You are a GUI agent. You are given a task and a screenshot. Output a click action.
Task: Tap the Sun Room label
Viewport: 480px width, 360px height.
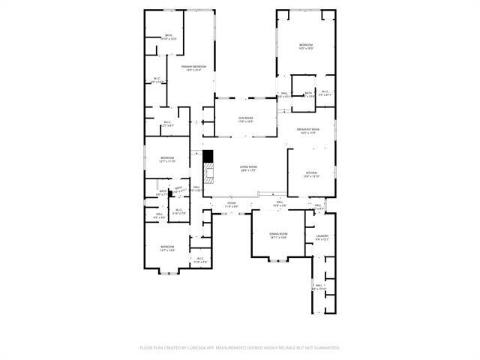(x=245, y=118)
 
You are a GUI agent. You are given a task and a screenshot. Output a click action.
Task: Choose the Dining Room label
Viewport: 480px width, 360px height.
(x=278, y=235)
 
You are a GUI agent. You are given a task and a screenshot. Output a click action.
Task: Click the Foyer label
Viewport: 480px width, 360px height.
(x=232, y=203)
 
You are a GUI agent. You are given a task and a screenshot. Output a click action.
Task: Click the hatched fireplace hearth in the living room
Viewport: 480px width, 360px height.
(x=210, y=175)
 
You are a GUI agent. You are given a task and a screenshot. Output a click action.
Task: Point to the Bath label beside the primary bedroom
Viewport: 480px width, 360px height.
(x=169, y=36)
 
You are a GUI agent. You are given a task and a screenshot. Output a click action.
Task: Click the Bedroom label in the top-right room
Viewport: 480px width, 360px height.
(x=306, y=46)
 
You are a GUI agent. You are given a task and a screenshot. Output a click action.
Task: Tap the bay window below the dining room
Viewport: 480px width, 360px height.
(x=278, y=259)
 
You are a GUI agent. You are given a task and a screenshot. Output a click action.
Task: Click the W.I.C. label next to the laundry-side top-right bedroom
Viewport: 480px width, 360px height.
(x=325, y=93)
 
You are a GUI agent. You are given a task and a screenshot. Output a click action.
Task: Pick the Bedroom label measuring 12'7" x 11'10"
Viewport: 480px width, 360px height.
(x=166, y=157)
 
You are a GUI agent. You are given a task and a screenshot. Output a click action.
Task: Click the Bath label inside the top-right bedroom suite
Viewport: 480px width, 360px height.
(x=308, y=93)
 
